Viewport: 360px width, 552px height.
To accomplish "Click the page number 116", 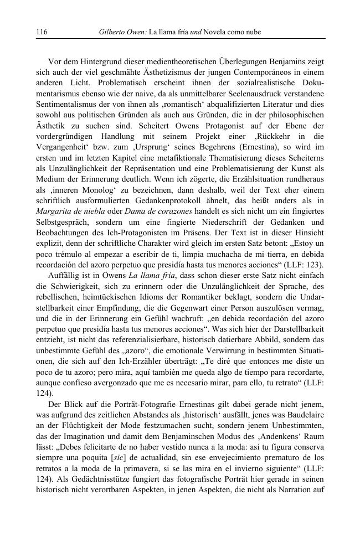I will pyautogui.click(x=42, y=33).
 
